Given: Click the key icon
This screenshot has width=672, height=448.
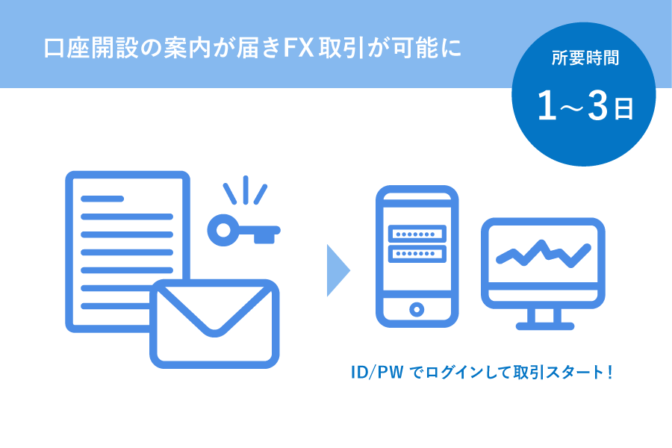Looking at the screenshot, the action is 243,231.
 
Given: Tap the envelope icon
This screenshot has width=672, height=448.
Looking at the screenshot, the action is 214,323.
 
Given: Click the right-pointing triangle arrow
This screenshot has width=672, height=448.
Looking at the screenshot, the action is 338,270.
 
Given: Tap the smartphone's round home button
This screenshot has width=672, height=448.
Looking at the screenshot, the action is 417,308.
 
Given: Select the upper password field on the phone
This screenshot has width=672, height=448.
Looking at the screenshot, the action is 417,234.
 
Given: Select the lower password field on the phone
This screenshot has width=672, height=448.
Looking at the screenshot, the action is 417,253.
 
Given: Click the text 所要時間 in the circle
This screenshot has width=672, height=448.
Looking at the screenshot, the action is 585,58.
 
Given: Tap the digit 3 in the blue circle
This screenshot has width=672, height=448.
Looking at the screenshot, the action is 597,105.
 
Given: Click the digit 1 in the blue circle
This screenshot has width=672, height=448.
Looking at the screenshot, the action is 547,105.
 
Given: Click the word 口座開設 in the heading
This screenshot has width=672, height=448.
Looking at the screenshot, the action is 90,48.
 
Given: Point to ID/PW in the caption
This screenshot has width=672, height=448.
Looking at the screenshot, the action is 377,372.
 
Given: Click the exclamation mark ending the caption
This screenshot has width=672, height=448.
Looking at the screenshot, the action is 609,372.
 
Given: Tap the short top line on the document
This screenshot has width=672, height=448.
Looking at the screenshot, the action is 102,199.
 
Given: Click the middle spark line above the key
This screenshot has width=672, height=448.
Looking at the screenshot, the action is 246,190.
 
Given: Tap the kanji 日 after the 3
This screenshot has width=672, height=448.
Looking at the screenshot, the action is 624,109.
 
